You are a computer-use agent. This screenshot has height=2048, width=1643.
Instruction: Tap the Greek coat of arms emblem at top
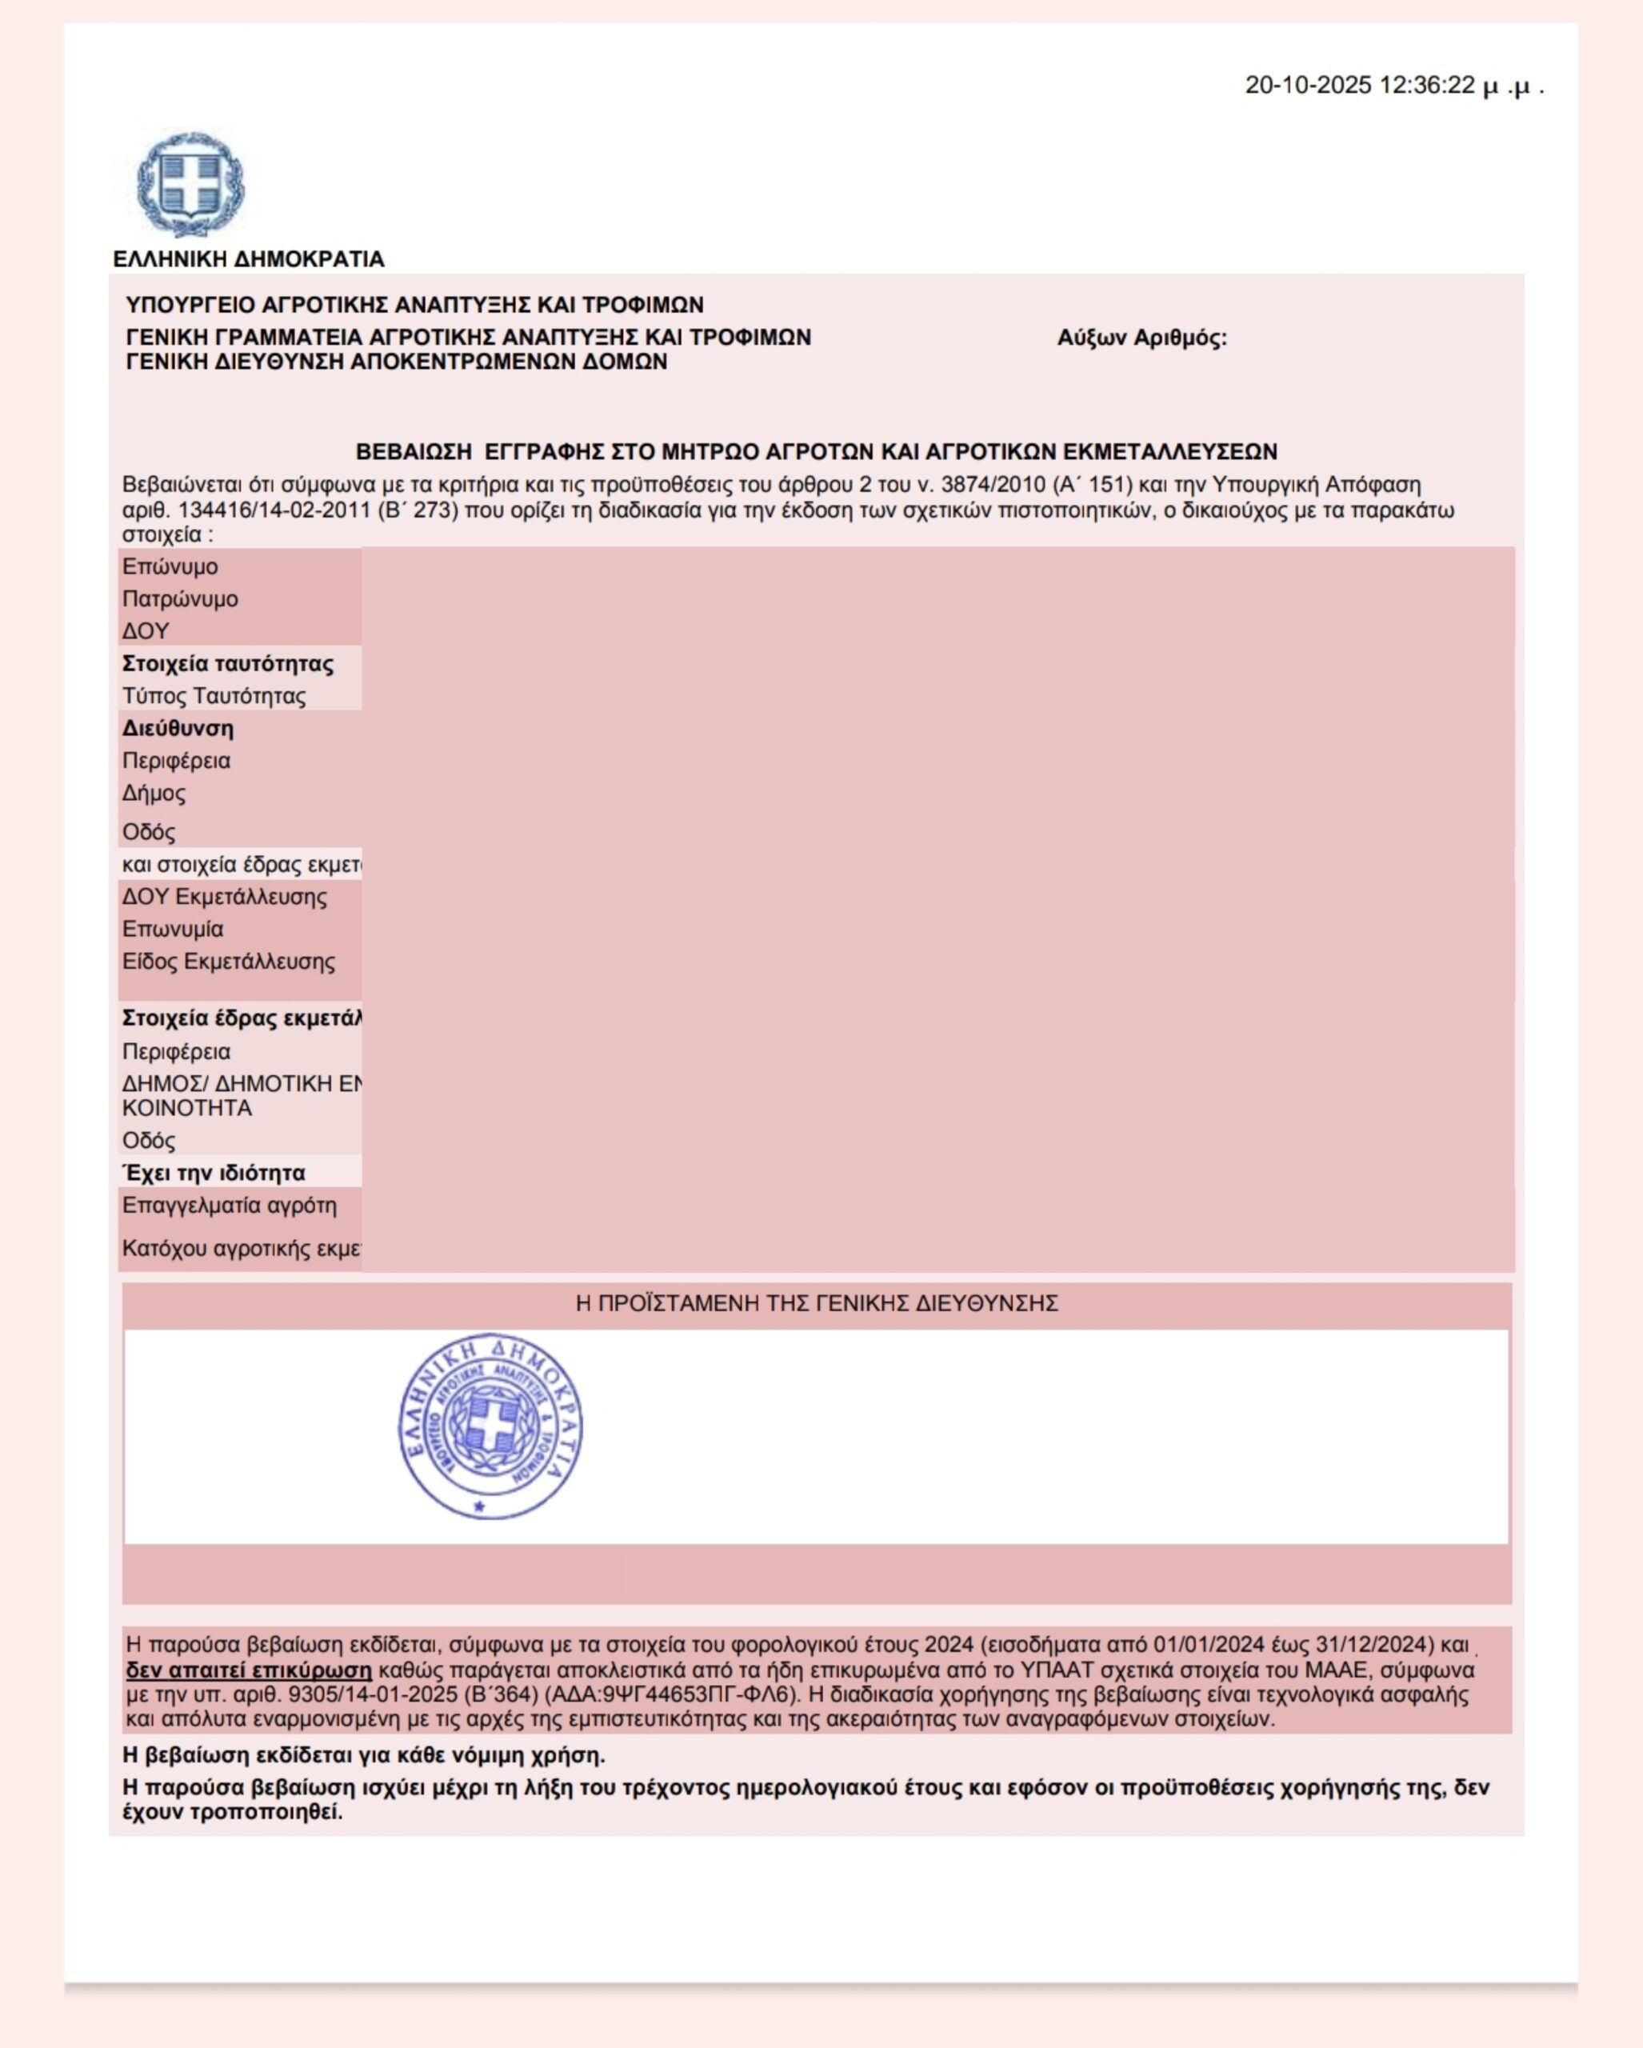pos(190,184)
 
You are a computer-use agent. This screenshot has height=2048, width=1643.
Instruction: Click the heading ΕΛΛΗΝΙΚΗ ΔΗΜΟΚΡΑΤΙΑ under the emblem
pos(249,259)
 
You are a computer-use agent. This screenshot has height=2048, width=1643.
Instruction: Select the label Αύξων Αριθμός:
pos(1141,338)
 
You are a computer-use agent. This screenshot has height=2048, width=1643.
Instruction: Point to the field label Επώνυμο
pos(170,567)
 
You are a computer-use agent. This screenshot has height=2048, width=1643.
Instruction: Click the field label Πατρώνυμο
pos(181,599)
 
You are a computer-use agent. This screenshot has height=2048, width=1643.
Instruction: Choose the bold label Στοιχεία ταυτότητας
pos(228,664)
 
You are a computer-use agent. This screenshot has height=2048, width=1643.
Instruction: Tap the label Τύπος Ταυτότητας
pos(214,696)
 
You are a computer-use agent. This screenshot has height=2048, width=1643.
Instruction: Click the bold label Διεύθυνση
pos(178,729)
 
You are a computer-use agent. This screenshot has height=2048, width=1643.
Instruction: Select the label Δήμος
pos(154,793)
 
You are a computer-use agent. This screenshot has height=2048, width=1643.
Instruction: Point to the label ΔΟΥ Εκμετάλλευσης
pos(224,897)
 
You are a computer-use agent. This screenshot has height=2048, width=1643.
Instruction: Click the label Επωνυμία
pos(173,929)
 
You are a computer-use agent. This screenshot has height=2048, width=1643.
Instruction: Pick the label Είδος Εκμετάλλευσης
pos(229,962)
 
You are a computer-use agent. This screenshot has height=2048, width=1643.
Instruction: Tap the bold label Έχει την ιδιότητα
pos(214,1173)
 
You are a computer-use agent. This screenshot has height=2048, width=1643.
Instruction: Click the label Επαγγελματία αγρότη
pos(230,1206)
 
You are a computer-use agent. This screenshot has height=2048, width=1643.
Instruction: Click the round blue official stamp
pos(490,1426)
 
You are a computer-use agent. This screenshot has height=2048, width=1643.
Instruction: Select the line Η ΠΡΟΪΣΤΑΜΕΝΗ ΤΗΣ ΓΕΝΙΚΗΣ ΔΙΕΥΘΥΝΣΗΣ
pos(817,1303)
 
